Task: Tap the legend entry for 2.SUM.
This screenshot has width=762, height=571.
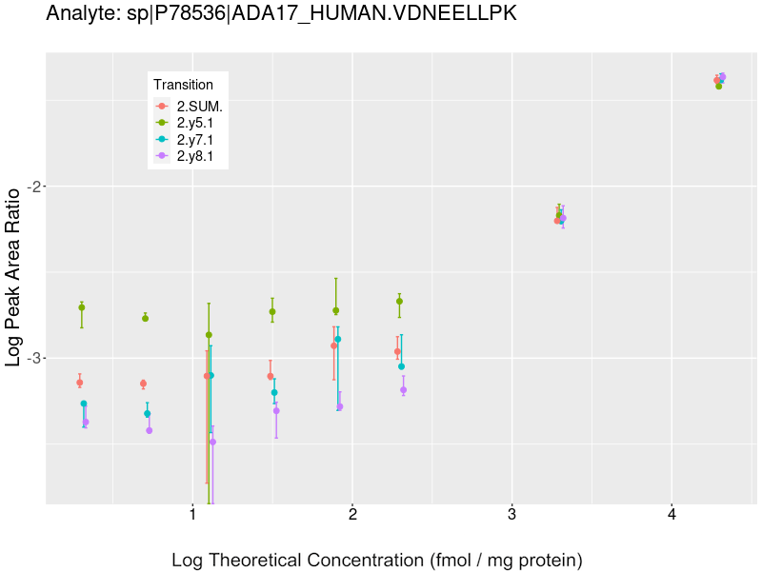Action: pos(199,107)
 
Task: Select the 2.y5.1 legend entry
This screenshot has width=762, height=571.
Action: pos(195,123)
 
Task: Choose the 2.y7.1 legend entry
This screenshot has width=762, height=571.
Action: pos(195,140)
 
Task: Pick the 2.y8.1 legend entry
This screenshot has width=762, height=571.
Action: pos(195,156)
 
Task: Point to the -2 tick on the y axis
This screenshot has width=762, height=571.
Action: pos(29,187)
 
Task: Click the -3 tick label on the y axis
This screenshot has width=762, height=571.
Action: pos(29,358)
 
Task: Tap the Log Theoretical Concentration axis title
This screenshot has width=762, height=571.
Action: pos(376,560)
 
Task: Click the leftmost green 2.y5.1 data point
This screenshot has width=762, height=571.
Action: pos(82,307)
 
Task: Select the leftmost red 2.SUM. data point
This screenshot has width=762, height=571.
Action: pos(80,383)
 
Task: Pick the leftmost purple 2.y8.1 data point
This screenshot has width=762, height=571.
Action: pos(86,422)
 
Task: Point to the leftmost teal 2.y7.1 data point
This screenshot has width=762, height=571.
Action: pos(84,404)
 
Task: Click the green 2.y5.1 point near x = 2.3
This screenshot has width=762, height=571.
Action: pos(399,301)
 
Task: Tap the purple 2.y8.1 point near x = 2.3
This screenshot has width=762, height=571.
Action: pos(403,389)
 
